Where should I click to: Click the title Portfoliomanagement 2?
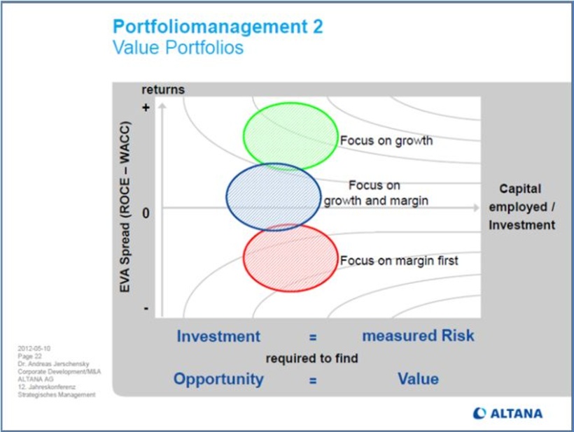218,27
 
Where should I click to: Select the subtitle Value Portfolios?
178,48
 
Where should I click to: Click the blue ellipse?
274,196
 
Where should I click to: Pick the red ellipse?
290,257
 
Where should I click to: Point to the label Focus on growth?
386,141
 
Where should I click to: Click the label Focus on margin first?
399,261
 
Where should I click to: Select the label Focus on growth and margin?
375,193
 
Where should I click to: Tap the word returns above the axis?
163,89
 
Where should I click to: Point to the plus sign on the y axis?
146,108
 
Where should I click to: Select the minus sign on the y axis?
146,308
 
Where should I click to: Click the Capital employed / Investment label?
521,207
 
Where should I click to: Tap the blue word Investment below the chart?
218,336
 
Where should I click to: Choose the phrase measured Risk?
418,336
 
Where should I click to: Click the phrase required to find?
311,359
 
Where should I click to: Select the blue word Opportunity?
218,379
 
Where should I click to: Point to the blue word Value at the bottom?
418,379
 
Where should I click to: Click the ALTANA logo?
507,413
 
